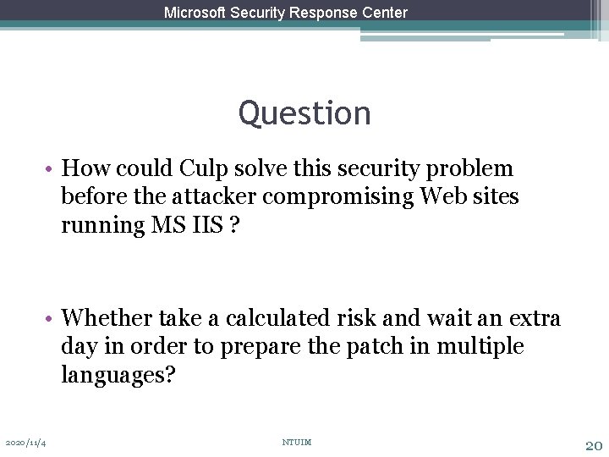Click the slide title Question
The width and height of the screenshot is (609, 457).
point(304,113)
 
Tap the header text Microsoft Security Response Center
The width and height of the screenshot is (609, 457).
point(286,13)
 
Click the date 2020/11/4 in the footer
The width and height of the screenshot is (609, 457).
point(26,443)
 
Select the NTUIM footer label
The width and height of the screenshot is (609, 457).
point(297,442)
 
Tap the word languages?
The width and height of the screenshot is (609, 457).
point(118,375)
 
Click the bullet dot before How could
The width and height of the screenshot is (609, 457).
point(52,169)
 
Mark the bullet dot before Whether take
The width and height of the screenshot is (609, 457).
point(52,319)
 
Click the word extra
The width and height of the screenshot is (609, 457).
point(535,318)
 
